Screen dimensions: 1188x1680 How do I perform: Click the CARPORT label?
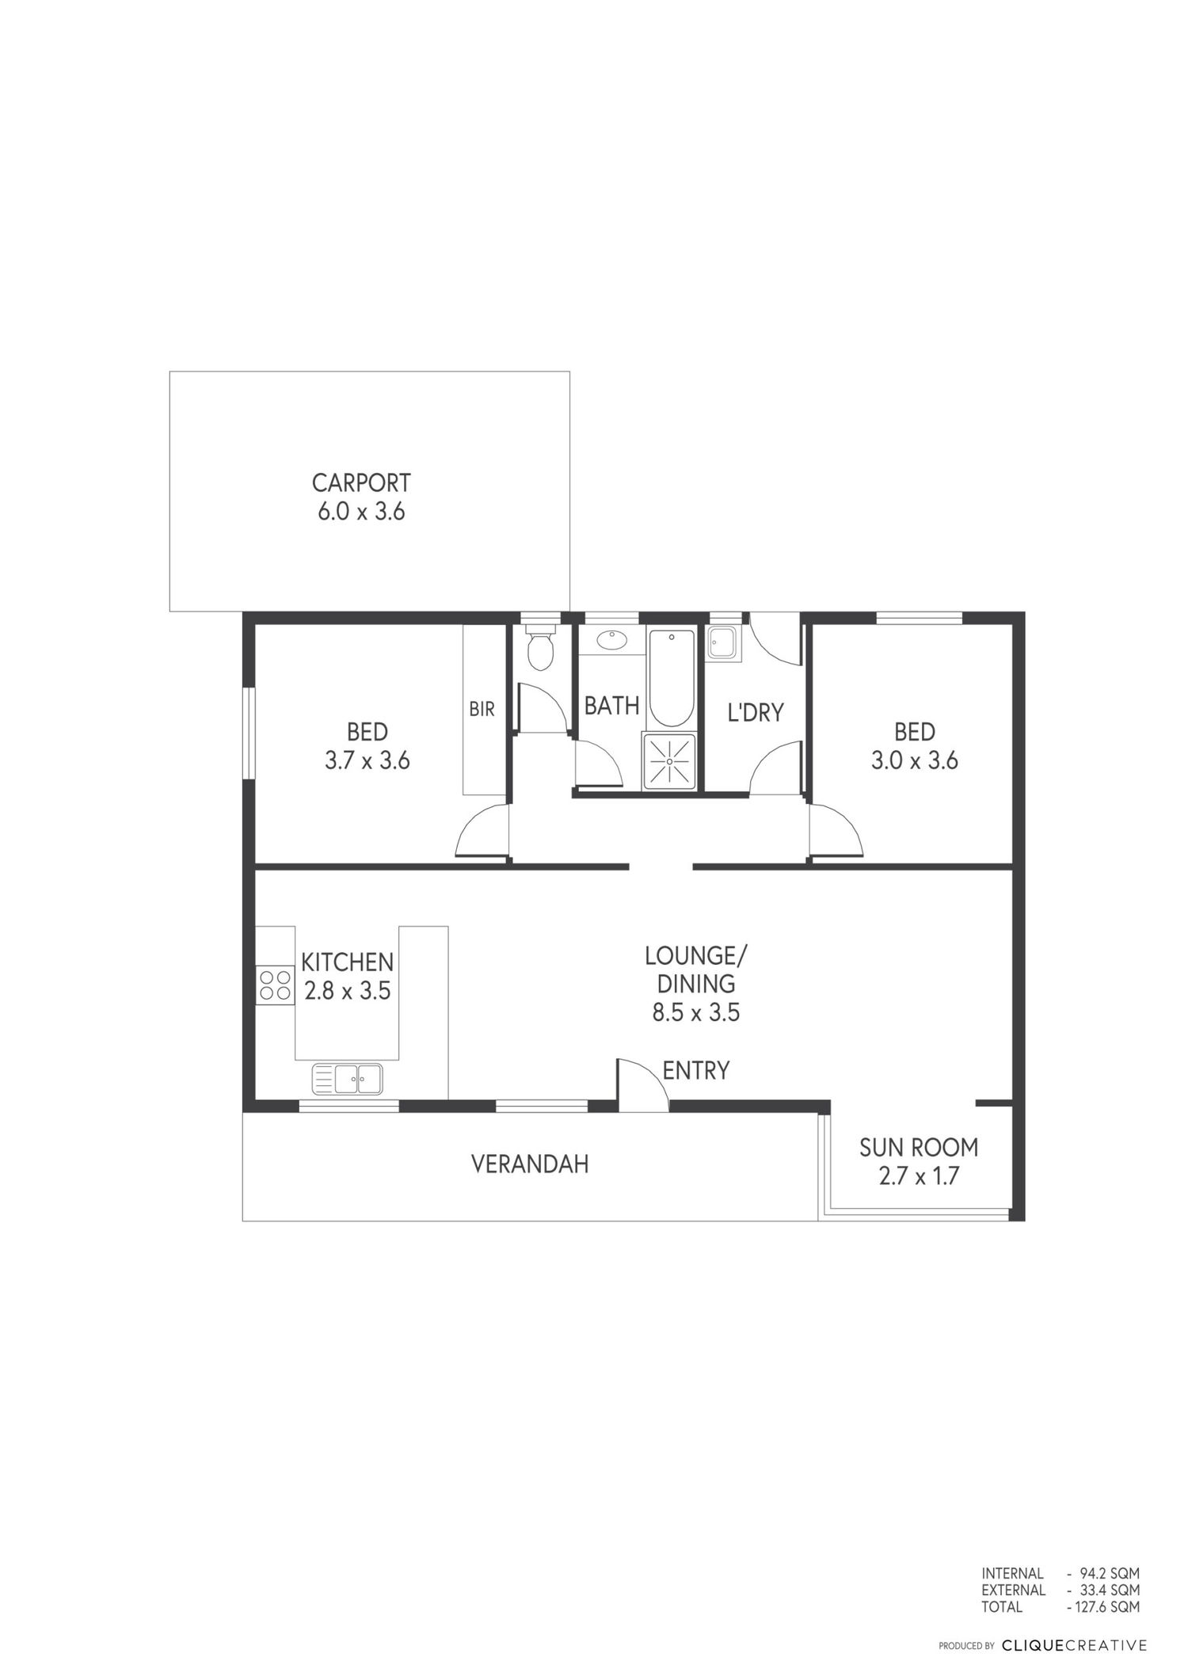[361, 482]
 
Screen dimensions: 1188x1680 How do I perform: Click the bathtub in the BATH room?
[671, 678]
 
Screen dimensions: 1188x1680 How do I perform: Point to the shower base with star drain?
[670, 761]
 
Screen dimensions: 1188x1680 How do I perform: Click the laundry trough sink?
[723, 642]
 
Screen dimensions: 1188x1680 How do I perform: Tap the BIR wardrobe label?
[482, 709]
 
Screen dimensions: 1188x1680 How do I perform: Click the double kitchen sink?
[348, 1078]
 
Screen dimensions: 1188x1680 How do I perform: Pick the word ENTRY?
[695, 1071]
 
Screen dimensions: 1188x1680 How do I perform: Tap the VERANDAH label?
[530, 1164]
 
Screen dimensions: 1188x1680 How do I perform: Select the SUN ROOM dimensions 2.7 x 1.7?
[919, 1176]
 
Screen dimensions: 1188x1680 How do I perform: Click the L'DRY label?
[756, 712]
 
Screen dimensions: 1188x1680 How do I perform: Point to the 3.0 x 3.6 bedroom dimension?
[915, 761]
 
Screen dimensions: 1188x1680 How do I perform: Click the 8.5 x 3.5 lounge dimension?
[696, 1012]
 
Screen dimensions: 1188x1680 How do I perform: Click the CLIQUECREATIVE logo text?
[1074, 1646]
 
